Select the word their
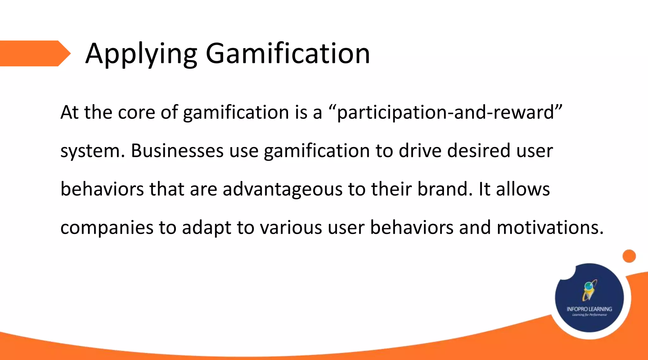click(391, 189)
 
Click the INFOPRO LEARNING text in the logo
click(589, 309)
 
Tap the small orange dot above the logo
click(629, 256)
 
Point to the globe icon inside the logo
click(589, 286)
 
